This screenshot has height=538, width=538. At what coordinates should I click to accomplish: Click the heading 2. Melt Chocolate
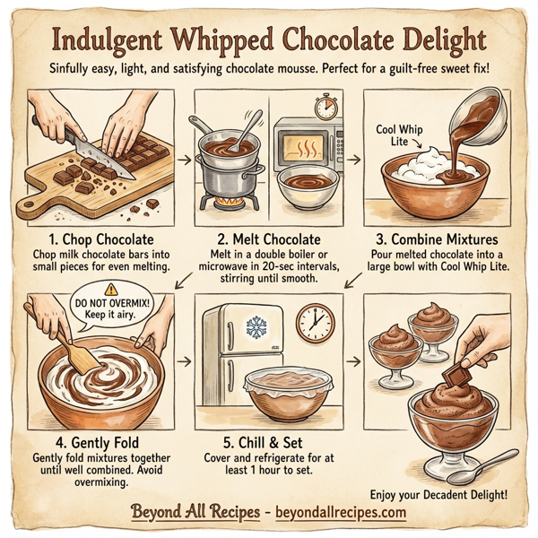[x=269, y=239]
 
